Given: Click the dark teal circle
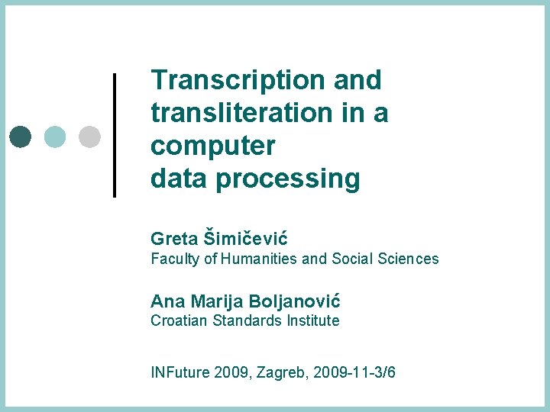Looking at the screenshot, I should point(21,136).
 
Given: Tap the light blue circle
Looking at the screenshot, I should point(55,136).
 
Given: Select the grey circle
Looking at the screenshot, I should point(89,136).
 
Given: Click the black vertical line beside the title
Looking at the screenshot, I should point(115,135).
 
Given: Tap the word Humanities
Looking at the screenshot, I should point(260,259).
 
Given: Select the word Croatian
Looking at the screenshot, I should point(177,320).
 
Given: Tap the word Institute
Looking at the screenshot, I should point(313,320).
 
